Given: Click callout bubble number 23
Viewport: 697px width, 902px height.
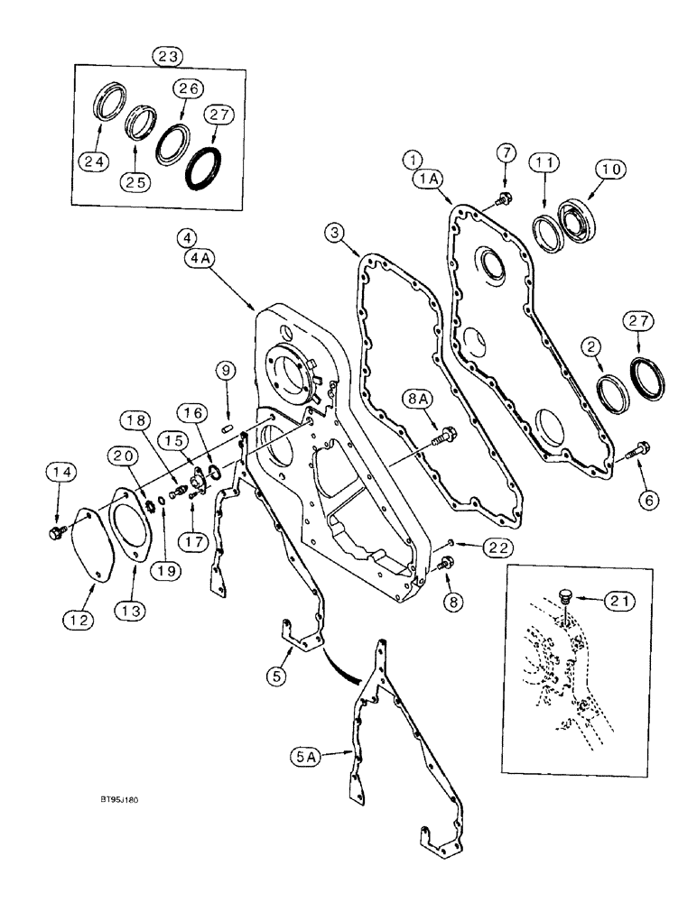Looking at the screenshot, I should (169, 56).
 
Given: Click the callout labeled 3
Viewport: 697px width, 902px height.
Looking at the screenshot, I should (336, 234).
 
